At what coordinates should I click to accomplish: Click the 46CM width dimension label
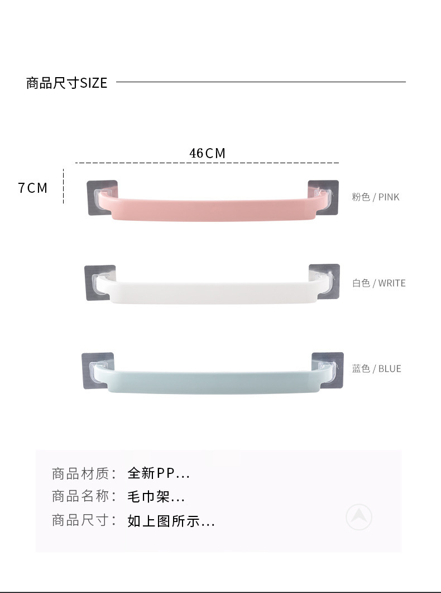tap(207, 153)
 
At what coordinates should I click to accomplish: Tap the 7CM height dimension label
tap(33, 188)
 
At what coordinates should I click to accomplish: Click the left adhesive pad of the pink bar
tap(102, 198)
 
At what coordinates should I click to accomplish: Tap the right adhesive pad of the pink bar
tap(323, 197)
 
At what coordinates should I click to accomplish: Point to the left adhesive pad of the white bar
tap(100, 283)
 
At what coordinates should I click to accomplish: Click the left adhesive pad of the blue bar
tap(98, 371)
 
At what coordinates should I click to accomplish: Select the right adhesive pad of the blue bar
tap(328, 370)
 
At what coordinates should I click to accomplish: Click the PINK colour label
tap(389, 197)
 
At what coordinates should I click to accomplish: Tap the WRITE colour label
tap(392, 283)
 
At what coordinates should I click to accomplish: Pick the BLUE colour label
tap(390, 369)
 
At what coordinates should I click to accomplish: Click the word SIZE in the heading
tap(94, 83)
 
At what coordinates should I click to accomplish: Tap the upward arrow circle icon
tap(359, 517)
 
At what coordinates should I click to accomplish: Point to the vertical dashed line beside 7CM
tap(64, 186)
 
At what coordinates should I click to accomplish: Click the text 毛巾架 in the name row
tap(148, 496)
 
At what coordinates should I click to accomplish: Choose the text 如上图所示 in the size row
tap(164, 521)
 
